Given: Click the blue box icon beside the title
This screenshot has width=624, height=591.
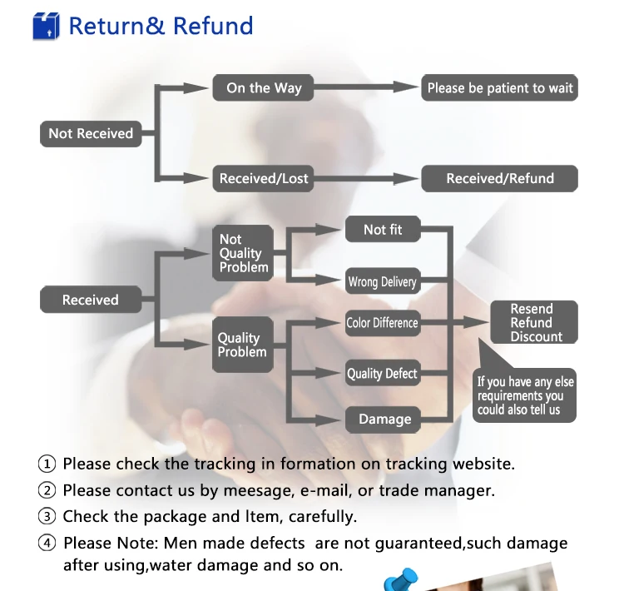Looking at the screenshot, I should point(47,26).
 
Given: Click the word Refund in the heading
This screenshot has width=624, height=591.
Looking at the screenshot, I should point(213,26).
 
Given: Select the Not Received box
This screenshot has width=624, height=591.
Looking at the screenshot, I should point(91,133).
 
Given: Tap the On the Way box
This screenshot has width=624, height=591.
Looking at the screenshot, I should point(264,88).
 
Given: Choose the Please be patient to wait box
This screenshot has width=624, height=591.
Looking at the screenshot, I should point(500,88).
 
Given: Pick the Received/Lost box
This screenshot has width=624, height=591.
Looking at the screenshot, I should point(264,178).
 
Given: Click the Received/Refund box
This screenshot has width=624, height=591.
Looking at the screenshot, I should point(500,178).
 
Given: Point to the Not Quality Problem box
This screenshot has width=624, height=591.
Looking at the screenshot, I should point(243,252).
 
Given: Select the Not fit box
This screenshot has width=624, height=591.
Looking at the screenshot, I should point(383,229).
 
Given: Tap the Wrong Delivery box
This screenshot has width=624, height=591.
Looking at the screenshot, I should point(382,281).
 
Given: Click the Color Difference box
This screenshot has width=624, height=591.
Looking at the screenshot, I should point(382,322).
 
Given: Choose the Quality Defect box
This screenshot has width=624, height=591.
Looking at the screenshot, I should point(382,374).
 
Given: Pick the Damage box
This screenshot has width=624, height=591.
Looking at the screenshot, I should point(384,419).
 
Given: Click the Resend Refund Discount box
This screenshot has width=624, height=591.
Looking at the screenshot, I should point(532,322).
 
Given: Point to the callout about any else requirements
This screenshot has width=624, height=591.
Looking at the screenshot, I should point(525,395).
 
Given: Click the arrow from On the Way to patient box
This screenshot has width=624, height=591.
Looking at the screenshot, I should point(366,87).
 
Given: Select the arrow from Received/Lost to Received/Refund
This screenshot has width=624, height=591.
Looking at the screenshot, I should point(366,178).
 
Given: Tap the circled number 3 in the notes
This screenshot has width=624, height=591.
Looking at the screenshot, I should point(47,517).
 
